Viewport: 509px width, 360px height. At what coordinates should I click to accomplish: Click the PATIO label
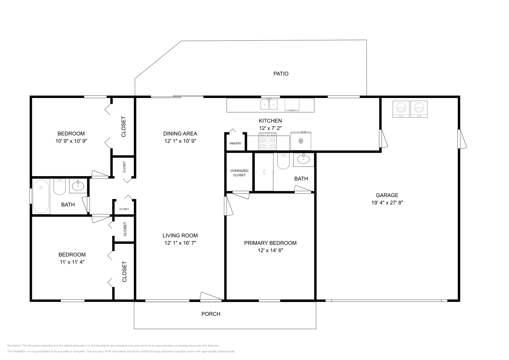tap(281, 73)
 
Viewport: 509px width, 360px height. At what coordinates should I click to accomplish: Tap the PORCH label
tap(211, 314)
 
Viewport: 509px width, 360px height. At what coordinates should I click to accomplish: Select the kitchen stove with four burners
tap(268, 142)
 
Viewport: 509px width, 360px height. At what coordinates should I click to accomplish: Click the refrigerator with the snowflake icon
tap(301, 141)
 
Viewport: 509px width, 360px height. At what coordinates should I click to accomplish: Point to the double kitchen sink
tap(269, 105)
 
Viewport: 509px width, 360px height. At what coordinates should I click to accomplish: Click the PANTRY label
tap(236, 143)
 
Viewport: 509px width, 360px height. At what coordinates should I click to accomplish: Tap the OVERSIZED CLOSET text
tap(239, 173)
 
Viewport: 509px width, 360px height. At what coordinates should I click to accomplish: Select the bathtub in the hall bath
tap(41, 197)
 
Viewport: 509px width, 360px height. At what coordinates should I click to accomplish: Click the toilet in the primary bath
tap(283, 161)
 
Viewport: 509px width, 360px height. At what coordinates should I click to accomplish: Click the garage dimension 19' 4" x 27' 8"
tap(387, 203)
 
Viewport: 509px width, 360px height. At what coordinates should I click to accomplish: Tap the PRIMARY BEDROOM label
tap(270, 243)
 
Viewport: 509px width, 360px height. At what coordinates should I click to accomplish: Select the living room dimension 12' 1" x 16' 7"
tap(180, 243)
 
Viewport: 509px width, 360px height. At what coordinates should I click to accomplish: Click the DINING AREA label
tap(180, 134)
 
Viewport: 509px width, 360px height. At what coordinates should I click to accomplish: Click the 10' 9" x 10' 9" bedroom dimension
tap(71, 141)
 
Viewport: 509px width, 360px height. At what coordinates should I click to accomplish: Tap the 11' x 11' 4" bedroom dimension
tap(72, 262)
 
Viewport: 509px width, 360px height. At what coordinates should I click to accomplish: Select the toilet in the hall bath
tap(59, 187)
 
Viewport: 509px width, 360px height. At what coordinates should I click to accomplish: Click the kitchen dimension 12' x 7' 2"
tap(270, 128)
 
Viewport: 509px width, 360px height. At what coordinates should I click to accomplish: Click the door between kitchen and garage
tap(383, 139)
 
